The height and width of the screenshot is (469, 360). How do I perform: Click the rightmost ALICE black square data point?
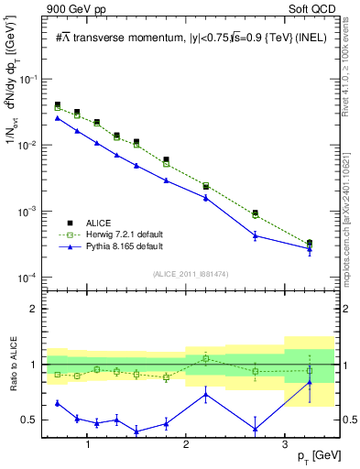pos(310,243)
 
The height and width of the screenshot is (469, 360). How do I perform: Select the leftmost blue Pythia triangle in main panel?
pos(58,118)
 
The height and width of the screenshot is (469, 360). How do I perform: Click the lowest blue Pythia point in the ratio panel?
pos(136,431)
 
